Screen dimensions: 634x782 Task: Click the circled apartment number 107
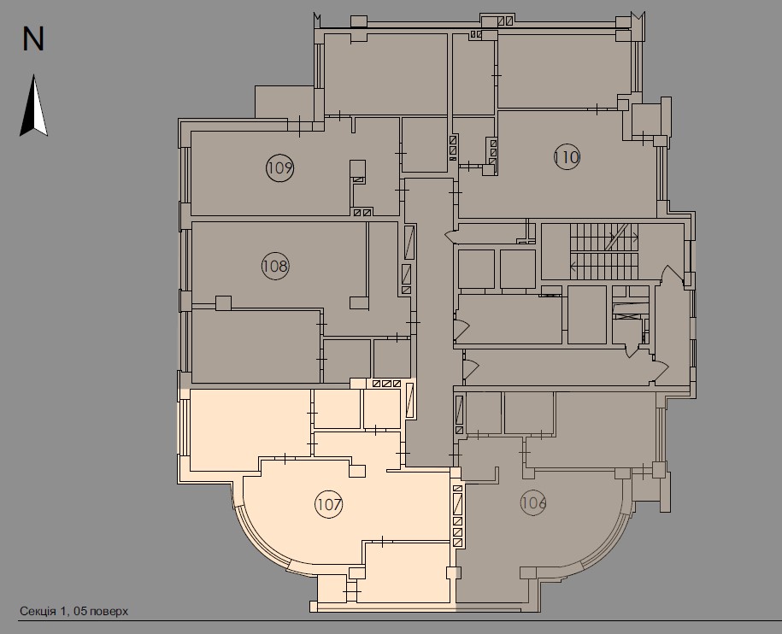[x=328, y=504]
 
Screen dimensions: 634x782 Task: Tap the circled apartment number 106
[x=532, y=502]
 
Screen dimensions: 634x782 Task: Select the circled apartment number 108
[x=274, y=266]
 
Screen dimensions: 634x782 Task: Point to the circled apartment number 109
[x=279, y=167]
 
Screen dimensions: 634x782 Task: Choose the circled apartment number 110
[x=566, y=157]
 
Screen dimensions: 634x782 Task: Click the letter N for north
[x=33, y=39]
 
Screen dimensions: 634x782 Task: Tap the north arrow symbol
[x=33, y=106]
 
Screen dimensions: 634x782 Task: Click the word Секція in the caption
[x=38, y=611]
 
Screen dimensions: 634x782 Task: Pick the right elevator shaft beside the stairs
[x=518, y=268]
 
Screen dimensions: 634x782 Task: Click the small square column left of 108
[x=224, y=302]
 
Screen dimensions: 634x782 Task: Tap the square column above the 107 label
[x=357, y=468]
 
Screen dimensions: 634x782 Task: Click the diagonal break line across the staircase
[x=617, y=237]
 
